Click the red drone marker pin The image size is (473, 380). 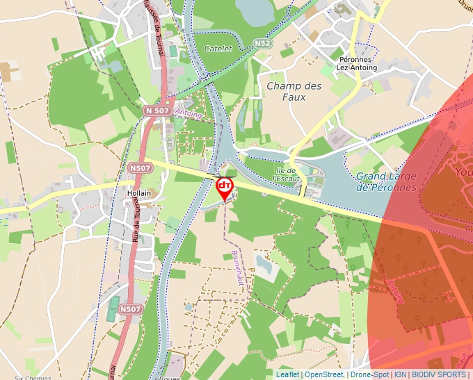[x=225, y=188]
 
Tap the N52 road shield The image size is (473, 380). [x=262, y=43]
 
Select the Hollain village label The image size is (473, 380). [x=140, y=194]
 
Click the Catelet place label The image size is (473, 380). [x=218, y=49]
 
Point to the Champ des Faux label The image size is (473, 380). [x=294, y=91]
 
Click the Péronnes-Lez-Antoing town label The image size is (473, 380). [x=356, y=63]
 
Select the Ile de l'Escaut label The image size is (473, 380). [x=288, y=174]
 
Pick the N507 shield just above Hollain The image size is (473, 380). [x=140, y=167]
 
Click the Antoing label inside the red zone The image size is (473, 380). [x=394, y=291]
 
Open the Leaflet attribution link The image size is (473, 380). [x=287, y=374]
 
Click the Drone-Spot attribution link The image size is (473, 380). [x=369, y=374]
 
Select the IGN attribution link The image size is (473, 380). [x=400, y=374]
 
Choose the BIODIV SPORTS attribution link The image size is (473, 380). [x=440, y=374]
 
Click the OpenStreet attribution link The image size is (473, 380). [x=324, y=374]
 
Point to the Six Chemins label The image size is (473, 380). [x=19, y=377]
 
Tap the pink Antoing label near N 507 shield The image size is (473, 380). [x=188, y=113]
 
